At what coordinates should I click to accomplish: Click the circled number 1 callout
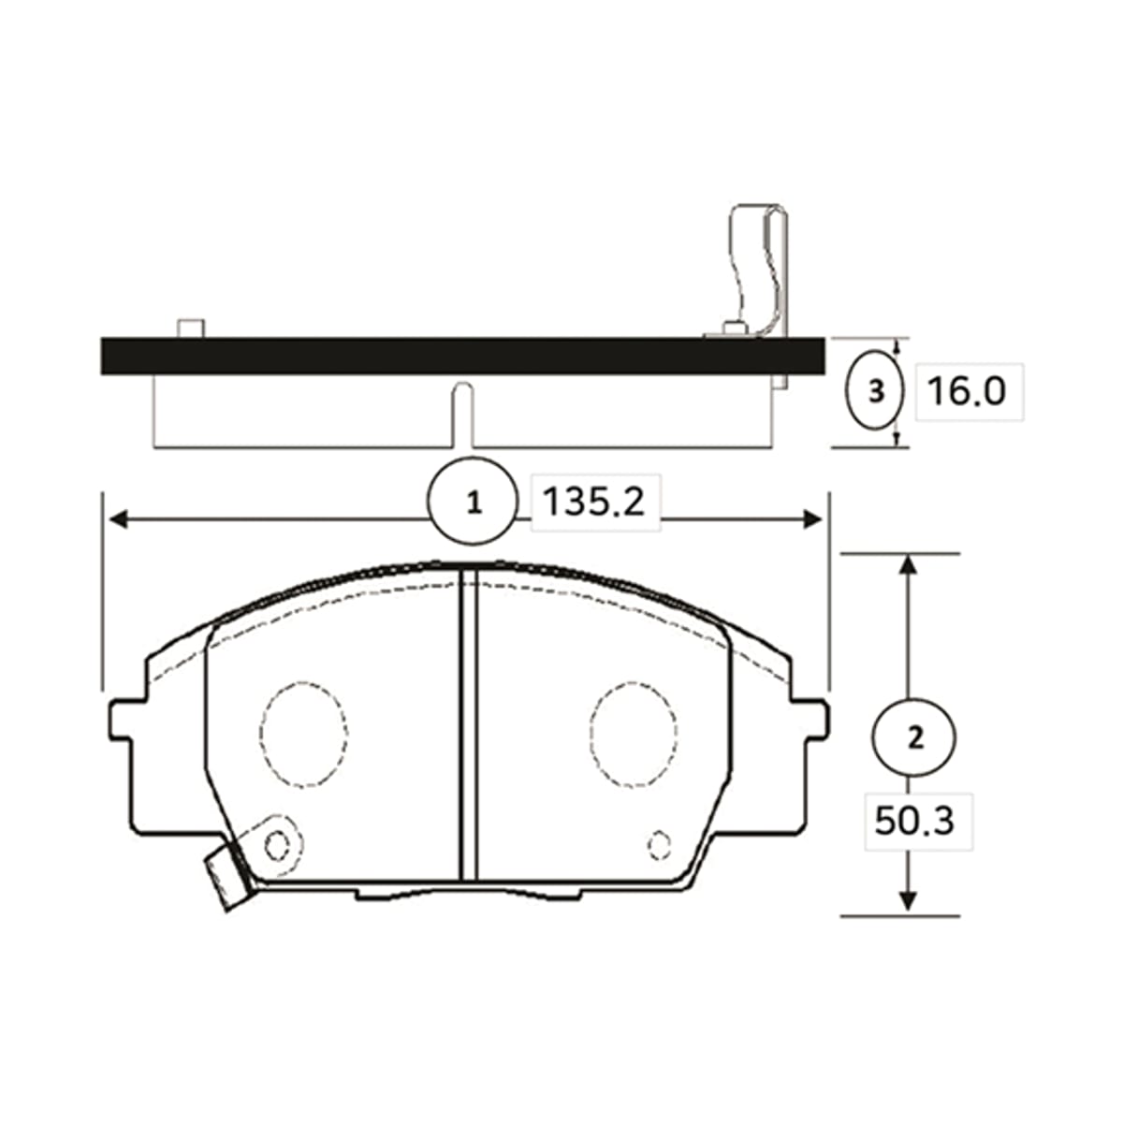473,502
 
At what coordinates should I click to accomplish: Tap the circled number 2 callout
915,737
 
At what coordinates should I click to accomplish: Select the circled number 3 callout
875,391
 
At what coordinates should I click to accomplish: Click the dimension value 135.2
594,502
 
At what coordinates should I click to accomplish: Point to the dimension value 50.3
914,821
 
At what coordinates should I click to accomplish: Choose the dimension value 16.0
967,391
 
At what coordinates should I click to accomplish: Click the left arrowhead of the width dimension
118,518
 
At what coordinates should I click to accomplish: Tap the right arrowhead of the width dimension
812,518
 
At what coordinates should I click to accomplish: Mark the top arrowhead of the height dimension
907,564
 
